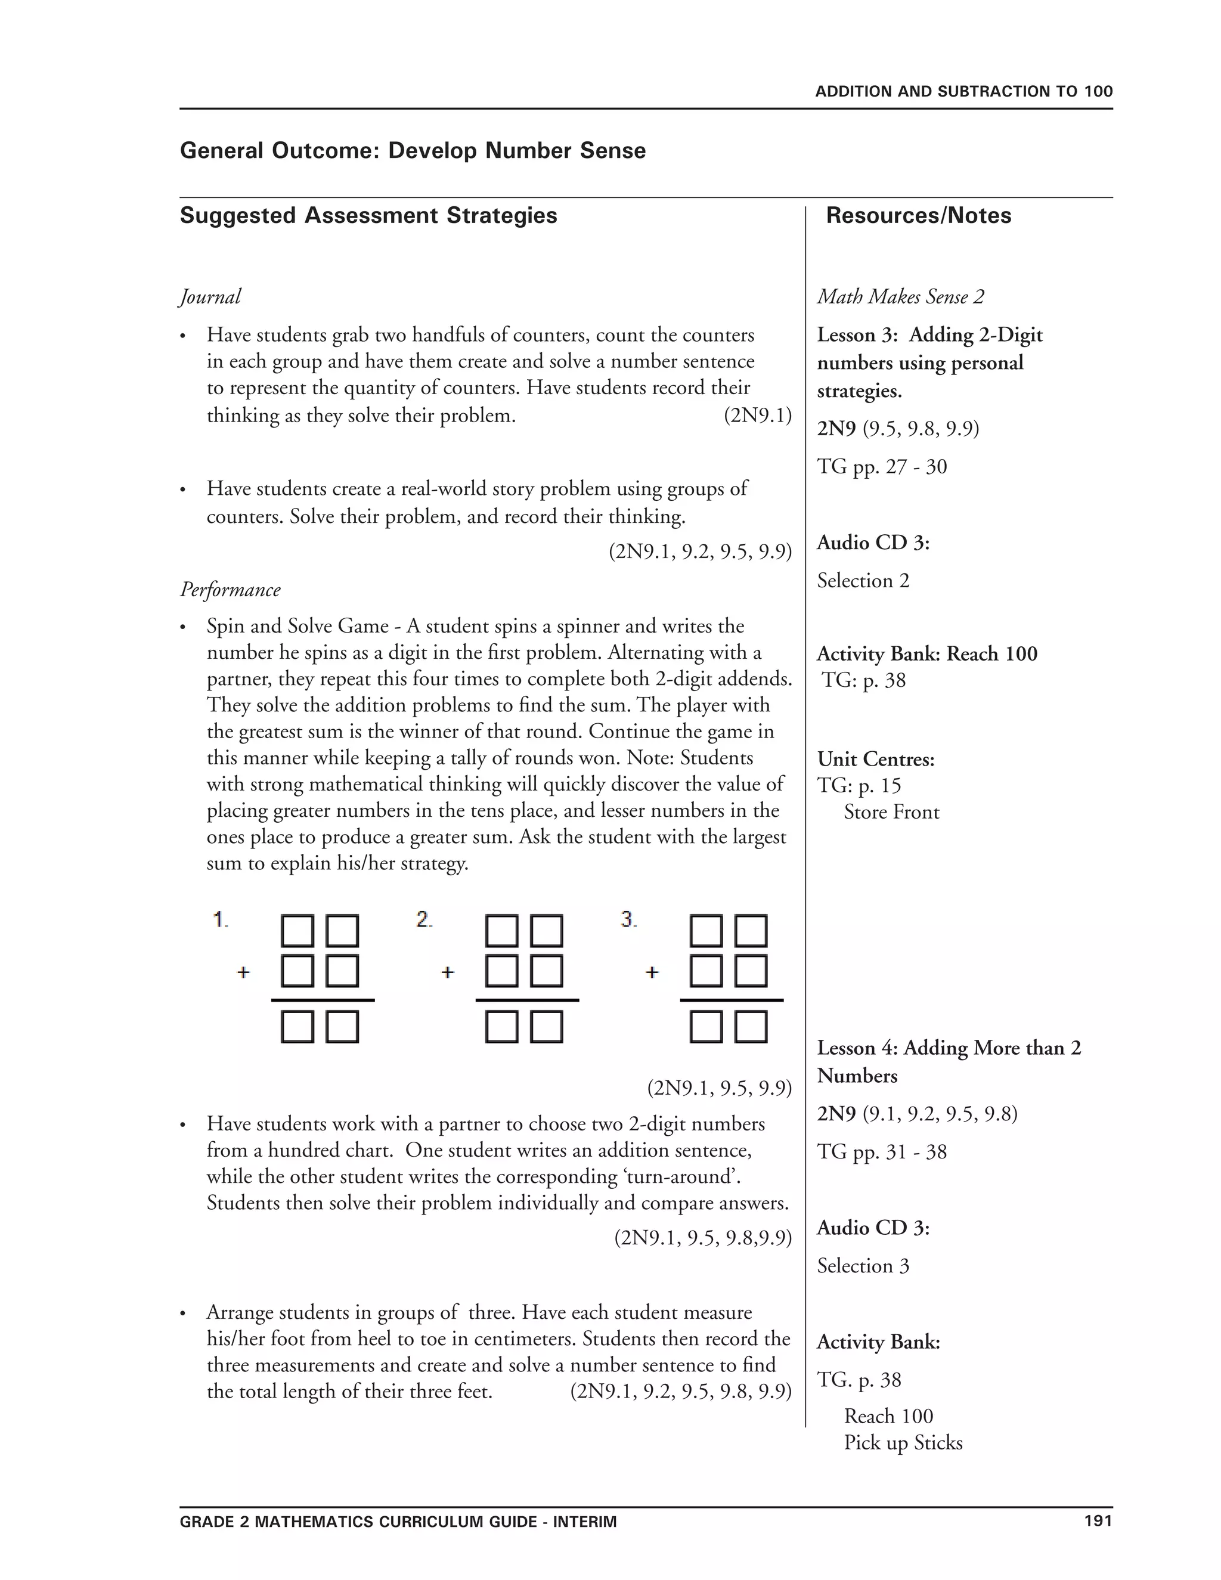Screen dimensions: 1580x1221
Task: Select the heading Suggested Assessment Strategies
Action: (x=368, y=216)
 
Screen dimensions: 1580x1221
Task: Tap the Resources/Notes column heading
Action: (x=918, y=216)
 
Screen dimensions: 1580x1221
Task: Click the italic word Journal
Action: (x=210, y=296)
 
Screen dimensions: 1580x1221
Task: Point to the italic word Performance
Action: (x=230, y=590)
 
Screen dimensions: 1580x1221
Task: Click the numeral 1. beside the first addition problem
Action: (x=221, y=919)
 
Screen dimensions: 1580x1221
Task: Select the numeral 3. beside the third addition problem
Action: (x=628, y=919)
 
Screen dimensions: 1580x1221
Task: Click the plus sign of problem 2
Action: (x=448, y=972)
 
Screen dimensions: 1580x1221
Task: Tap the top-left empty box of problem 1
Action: (x=297, y=931)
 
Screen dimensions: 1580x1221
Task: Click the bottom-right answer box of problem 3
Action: (x=751, y=1027)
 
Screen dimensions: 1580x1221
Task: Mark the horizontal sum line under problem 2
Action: (x=526, y=1000)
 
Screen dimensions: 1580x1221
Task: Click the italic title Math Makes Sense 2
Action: (x=901, y=296)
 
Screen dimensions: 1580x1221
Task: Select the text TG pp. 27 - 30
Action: (x=882, y=467)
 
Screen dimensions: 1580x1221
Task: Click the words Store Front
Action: (x=891, y=813)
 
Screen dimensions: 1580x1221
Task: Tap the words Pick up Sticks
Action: (x=903, y=1442)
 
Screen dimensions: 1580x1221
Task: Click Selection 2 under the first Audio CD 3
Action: (x=863, y=580)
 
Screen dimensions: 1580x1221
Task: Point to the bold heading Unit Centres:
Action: (x=876, y=759)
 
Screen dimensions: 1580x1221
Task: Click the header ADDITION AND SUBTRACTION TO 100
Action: (x=963, y=92)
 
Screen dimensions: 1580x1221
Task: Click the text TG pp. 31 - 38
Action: (x=882, y=1152)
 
